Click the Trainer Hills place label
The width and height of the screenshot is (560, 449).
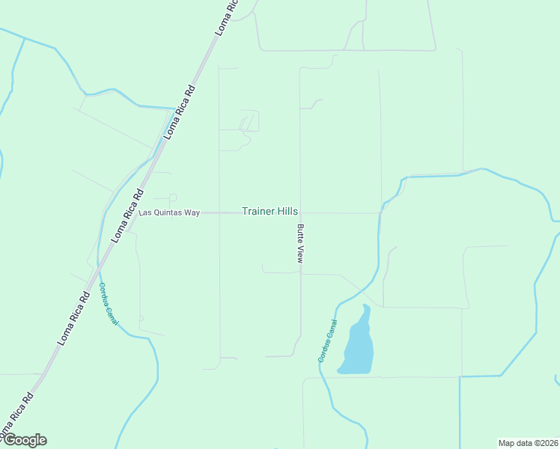270,212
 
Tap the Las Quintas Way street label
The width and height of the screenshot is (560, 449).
170,213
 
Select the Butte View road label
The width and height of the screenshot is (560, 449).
300,243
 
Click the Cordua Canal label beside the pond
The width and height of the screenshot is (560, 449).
328,341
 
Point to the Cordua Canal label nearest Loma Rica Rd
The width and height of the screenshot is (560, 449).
109,304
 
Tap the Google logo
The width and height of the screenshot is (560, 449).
24,440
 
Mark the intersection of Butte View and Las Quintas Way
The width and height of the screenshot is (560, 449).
300,213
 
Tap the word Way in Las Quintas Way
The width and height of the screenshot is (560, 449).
192,213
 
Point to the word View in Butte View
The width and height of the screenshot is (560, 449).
300,254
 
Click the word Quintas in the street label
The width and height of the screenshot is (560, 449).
166,213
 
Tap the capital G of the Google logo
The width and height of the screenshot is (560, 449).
8,439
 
